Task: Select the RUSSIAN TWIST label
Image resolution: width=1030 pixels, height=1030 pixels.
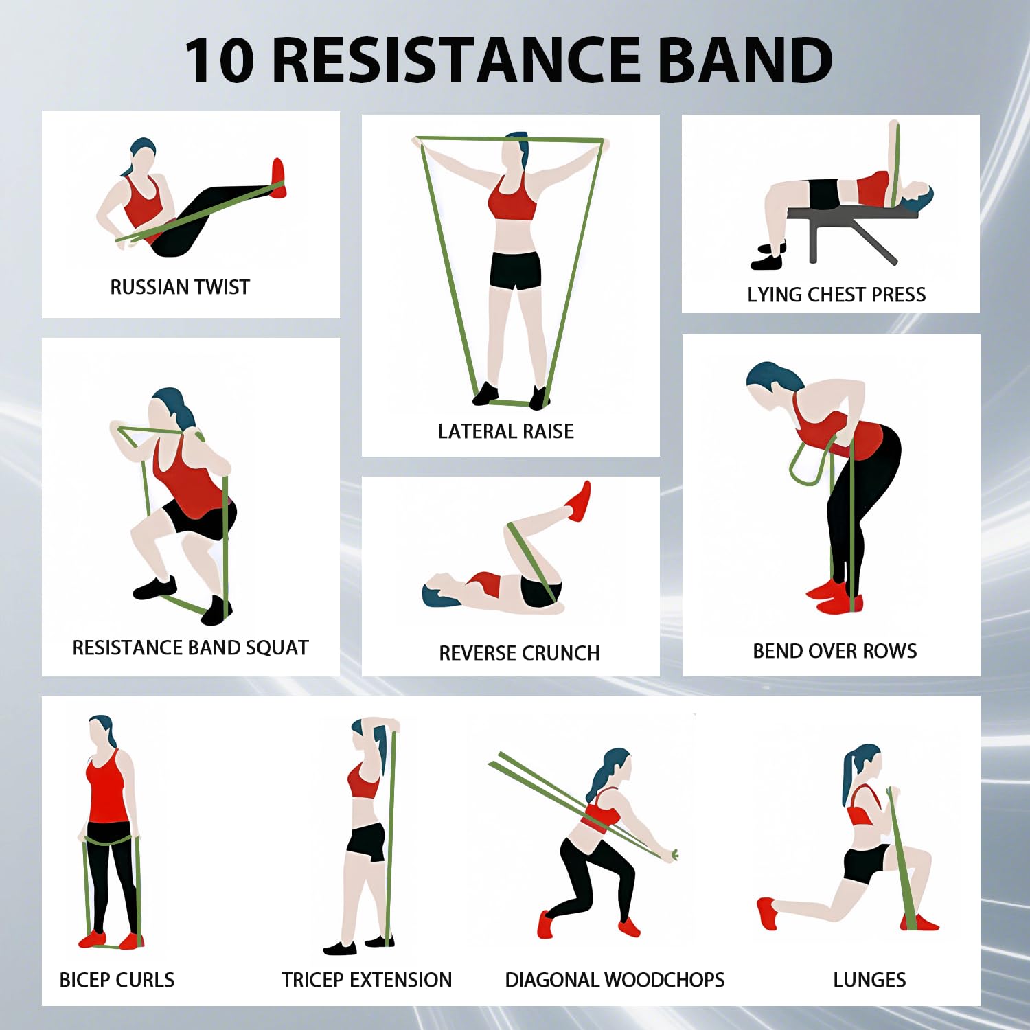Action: point(180,287)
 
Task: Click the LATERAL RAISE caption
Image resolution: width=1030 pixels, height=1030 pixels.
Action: point(506,431)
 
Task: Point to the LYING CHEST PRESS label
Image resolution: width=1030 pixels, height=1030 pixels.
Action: point(836,295)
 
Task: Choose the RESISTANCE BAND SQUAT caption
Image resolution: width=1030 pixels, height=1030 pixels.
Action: point(191,648)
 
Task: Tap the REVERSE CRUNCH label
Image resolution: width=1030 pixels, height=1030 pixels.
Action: point(519,653)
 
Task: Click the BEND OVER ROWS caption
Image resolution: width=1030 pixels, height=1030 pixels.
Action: point(835,651)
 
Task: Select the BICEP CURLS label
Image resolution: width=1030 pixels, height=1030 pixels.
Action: point(117,980)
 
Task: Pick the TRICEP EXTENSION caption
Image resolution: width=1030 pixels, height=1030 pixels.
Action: point(367,980)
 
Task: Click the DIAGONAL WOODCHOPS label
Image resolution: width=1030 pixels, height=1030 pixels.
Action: point(615,980)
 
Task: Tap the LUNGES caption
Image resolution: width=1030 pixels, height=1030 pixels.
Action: point(869,980)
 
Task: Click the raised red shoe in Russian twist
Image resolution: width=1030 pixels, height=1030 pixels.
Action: point(278,177)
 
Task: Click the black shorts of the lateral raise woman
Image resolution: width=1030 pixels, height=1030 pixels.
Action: point(515,270)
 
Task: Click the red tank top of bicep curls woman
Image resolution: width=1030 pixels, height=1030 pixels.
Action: point(108,790)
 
